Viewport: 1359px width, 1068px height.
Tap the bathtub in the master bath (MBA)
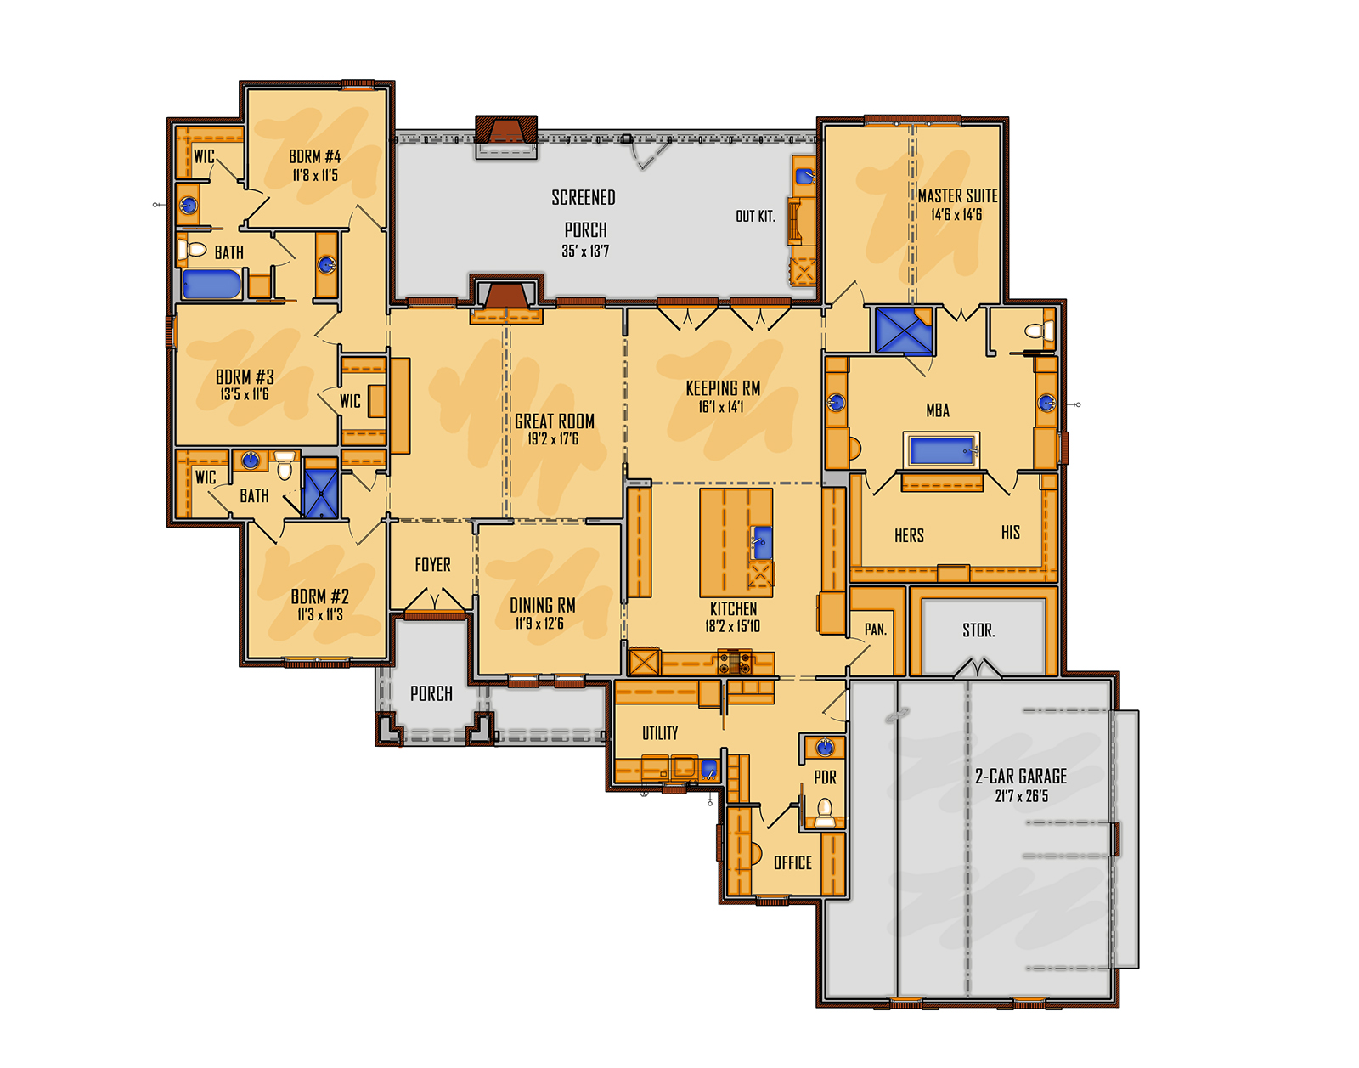point(941,451)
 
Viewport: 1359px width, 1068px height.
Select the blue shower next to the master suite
point(904,331)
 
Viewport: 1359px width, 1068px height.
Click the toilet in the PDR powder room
point(825,810)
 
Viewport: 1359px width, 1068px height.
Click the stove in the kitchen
point(735,661)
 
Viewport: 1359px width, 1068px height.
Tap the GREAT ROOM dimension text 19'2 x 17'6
point(553,439)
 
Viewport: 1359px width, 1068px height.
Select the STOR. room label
point(978,630)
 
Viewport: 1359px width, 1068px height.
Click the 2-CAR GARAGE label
point(1020,776)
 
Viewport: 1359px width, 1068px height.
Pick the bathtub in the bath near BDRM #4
point(211,284)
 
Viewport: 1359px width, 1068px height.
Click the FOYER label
point(432,565)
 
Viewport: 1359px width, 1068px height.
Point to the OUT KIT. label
point(755,217)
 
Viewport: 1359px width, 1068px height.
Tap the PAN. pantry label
point(875,630)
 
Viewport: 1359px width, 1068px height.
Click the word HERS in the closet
point(909,535)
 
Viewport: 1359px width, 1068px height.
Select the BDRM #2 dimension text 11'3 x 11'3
point(320,614)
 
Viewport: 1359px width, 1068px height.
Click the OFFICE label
point(792,863)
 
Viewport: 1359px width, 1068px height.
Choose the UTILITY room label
point(660,733)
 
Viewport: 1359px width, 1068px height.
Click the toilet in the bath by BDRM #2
point(285,466)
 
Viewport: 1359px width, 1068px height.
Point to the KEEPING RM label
point(723,388)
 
